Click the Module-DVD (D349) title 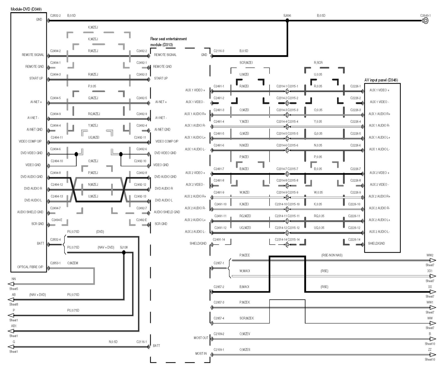click(26, 9)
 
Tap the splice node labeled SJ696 click(287, 20)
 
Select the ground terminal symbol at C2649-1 click(426, 21)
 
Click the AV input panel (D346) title click(381, 80)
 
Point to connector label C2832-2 click(55, 16)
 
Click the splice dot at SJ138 click(124, 252)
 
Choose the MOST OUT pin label click(201, 338)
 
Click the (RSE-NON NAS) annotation click(332, 255)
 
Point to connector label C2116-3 click(219, 51)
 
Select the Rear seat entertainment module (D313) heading click(168, 42)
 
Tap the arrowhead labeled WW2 click(433, 260)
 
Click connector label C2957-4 click(219, 318)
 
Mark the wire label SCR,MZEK click(247, 318)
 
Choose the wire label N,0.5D click(113, 342)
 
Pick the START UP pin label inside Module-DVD click(36, 78)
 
